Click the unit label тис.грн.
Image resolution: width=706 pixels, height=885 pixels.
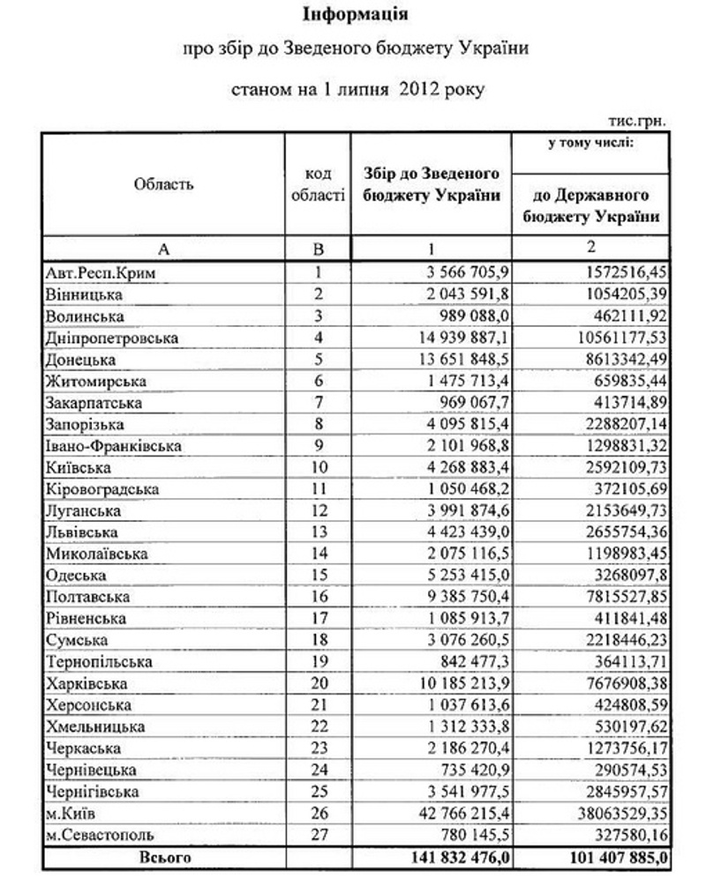click(x=637, y=120)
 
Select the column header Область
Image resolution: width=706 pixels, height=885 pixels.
click(x=163, y=184)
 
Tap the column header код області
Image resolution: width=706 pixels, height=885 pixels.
click(x=318, y=184)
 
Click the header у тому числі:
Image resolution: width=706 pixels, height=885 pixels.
click(x=589, y=143)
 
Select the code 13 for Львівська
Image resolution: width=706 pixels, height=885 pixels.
click(x=318, y=532)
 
